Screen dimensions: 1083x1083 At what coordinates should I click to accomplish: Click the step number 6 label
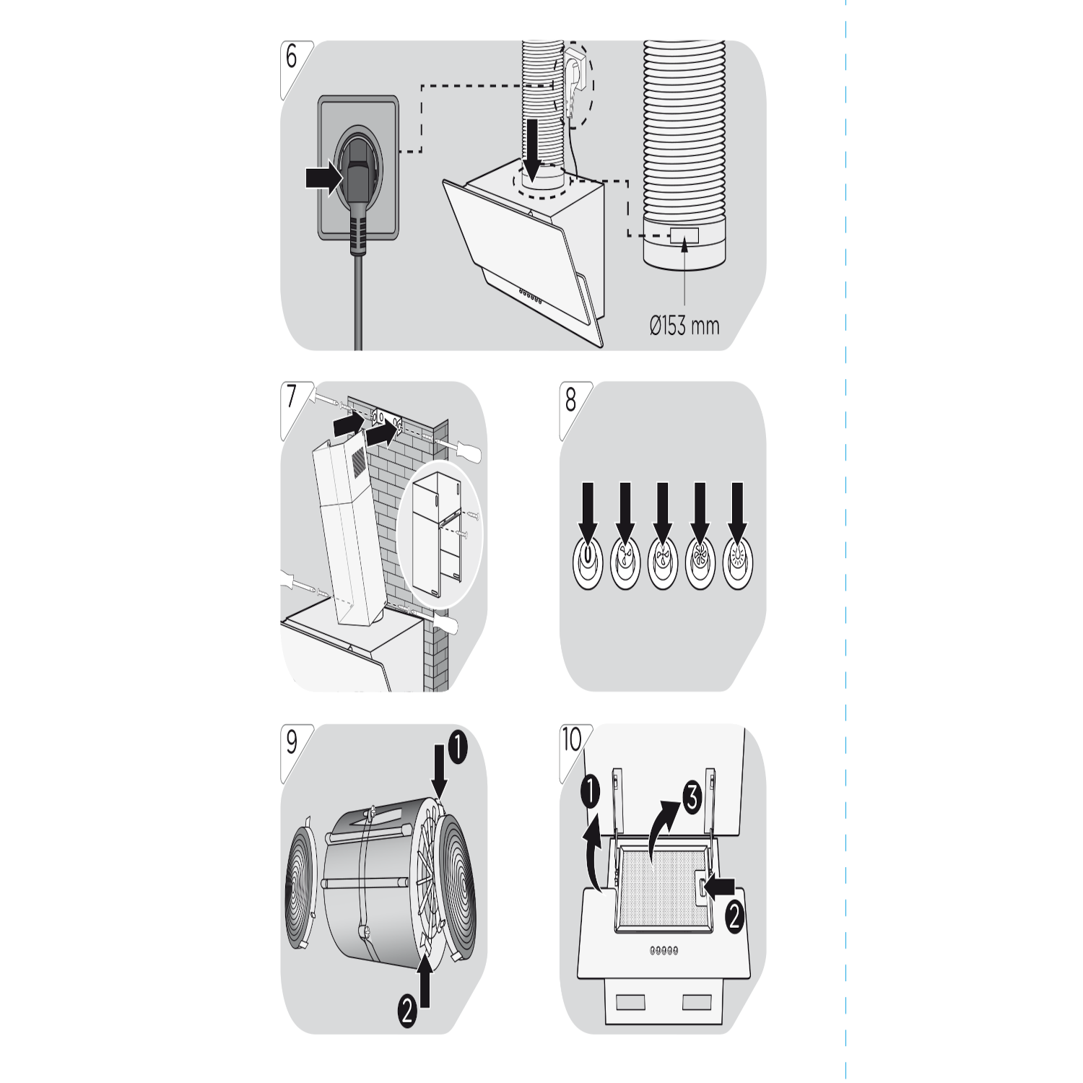pos(292,57)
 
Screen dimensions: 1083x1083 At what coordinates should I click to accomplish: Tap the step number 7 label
pos(292,398)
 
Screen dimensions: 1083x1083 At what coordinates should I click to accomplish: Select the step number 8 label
pos(571,398)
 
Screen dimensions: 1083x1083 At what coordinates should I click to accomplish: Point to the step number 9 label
pos(292,741)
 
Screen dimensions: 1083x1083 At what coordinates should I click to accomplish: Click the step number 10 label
pos(572,739)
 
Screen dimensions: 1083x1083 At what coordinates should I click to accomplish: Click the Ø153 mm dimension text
pos(684,326)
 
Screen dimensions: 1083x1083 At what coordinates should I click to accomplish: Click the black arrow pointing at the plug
pos(323,177)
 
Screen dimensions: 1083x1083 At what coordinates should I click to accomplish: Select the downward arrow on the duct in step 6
pos(534,149)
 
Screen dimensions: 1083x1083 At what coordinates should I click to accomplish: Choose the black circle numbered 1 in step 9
pos(457,748)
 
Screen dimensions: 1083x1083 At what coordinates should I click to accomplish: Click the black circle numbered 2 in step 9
pos(407,1010)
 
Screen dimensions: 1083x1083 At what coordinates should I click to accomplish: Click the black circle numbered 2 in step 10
pos(734,918)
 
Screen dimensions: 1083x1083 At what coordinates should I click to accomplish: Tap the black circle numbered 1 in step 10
pos(590,793)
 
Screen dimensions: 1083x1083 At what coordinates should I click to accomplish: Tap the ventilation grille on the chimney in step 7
pos(358,461)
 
